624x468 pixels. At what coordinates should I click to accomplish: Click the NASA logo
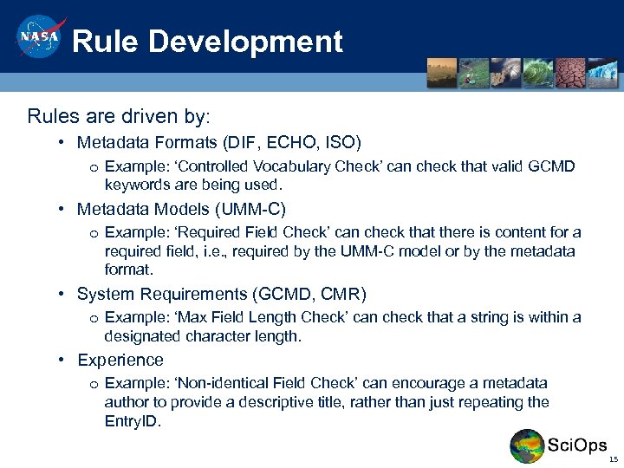coord(37,39)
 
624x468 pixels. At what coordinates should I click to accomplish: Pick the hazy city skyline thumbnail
coord(442,73)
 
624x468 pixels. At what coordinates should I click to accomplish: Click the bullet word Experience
coord(120,360)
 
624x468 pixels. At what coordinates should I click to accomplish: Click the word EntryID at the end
coord(132,421)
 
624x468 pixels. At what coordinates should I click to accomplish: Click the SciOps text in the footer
coord(577,445)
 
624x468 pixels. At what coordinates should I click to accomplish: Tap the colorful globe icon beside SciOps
coord(527,446)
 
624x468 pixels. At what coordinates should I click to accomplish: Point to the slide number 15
coord(613,459)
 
